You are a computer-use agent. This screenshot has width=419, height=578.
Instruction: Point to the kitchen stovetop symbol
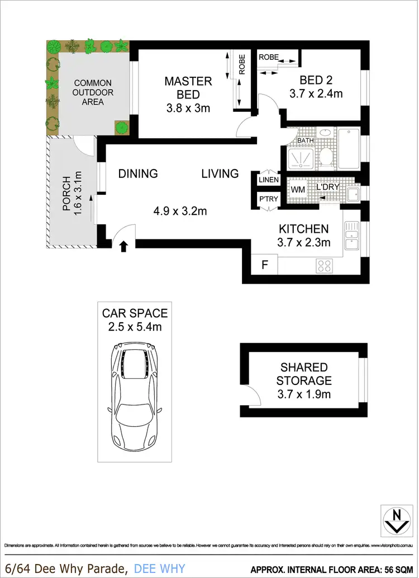(x=325, y=266)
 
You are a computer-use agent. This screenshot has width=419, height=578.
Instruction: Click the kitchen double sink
(x=351, y=236)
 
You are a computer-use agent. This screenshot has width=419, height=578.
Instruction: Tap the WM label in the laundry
(x=297, y=190)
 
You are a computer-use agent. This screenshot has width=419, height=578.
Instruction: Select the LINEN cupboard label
(x=268, y=180)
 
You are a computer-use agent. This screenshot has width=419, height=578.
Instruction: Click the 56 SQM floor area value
(x=396, y=567)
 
